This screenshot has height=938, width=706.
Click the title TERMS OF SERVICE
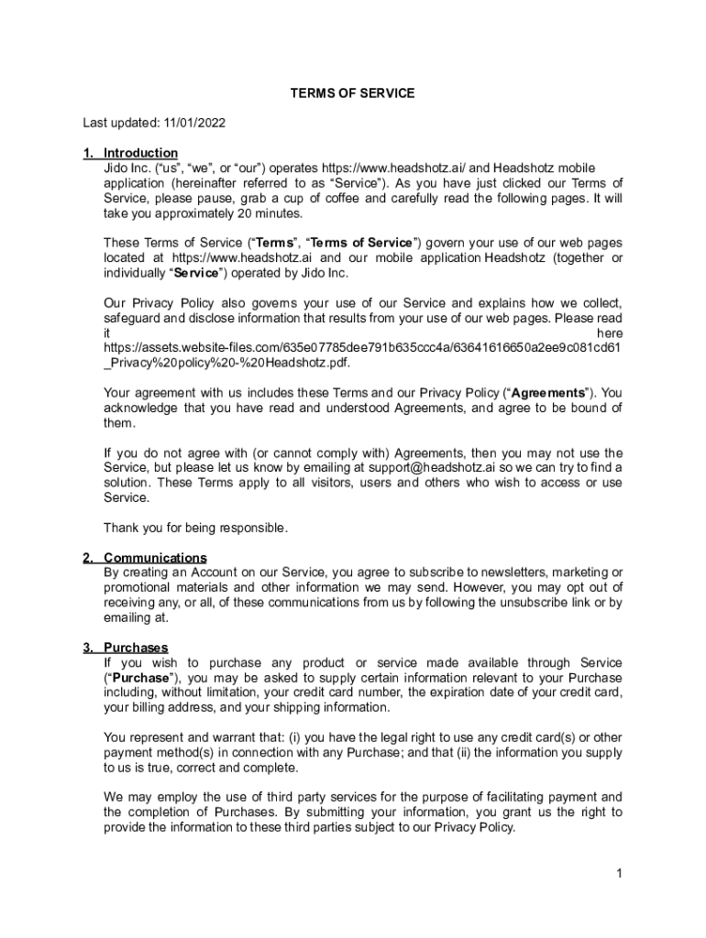click(x=353, y=93)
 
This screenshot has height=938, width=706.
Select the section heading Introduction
click(x=140, y=153)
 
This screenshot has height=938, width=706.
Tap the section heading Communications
click(x=155, y=558)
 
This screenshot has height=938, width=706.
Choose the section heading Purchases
click(x=136, y=648)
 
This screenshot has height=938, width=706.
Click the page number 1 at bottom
click(x=620, y=873)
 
